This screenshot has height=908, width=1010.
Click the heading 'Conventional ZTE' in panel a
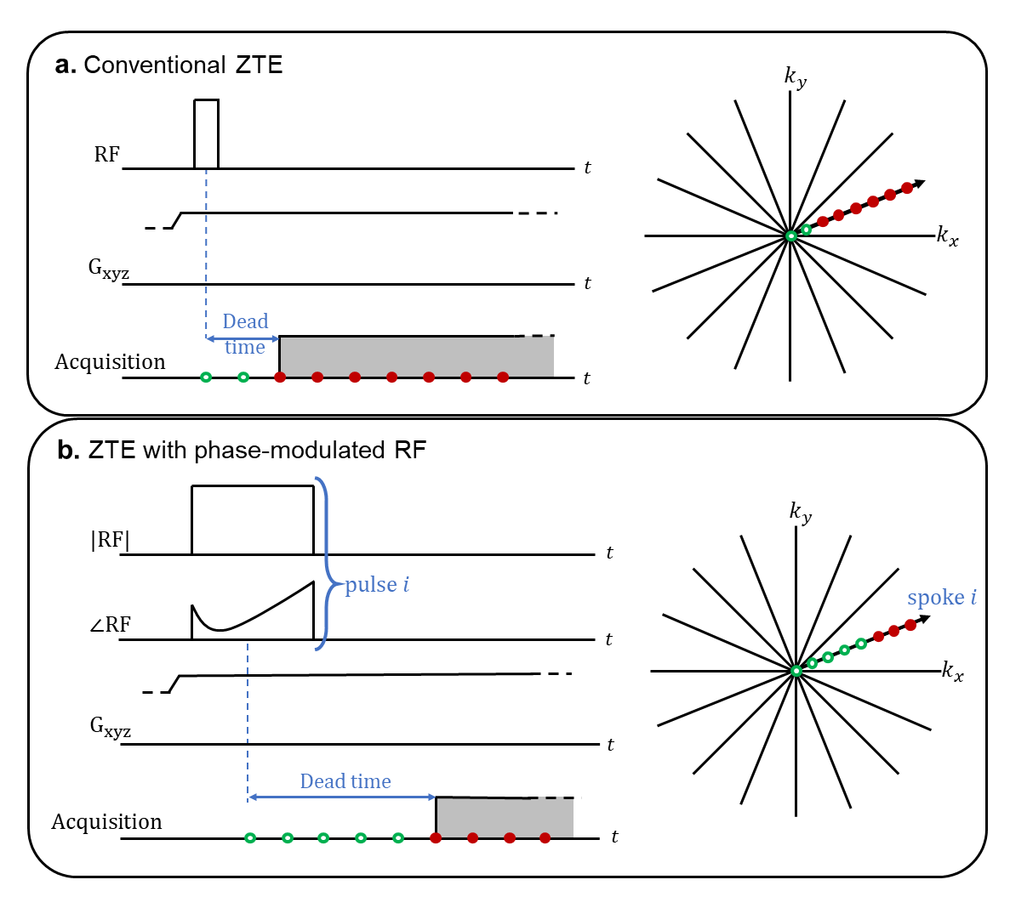[x=183, y=65]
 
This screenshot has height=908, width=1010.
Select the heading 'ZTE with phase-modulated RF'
[x=257, y=450]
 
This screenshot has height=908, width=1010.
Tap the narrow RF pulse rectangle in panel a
[x=206, y=133]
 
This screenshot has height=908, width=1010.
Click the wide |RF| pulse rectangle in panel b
[x=252, y=519]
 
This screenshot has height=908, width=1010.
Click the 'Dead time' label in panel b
[x=345, y=781]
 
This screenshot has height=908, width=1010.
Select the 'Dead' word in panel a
[x=245, y=321]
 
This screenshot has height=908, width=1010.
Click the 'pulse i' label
[x=377, y=585]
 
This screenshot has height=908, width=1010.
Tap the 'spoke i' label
[x=941, y=598]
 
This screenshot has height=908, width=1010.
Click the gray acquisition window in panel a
[x=416, y=356]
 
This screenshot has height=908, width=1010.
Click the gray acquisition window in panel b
[x=504, y=817]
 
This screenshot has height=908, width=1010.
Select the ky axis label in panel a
[x=795, y=77]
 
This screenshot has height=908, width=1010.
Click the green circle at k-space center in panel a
[x=790, y=236]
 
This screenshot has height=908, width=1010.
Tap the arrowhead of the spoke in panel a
[x=920, y=183]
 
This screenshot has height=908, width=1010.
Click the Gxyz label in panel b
[x=111, y=728]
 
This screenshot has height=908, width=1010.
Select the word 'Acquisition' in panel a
[x=110, y=362]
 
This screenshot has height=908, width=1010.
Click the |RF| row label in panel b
[x=111, y=540]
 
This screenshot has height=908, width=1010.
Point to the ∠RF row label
[x=111, y=626]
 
